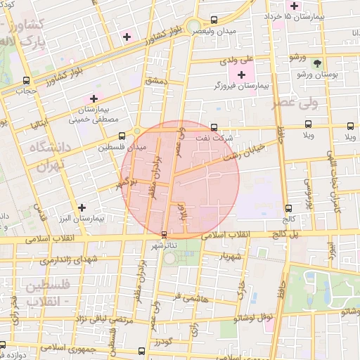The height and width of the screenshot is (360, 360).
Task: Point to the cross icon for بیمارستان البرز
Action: coord(83,207)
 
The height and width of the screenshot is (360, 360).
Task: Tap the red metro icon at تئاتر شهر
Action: coord(164,234)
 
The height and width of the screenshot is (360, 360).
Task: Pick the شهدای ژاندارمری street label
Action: coord(67,259)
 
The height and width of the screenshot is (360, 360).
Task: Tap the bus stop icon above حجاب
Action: coord(27,80)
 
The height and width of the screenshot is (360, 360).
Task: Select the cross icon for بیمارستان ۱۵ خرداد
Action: coord(294,6)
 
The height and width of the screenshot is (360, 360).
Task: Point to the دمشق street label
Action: coord(157,82)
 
